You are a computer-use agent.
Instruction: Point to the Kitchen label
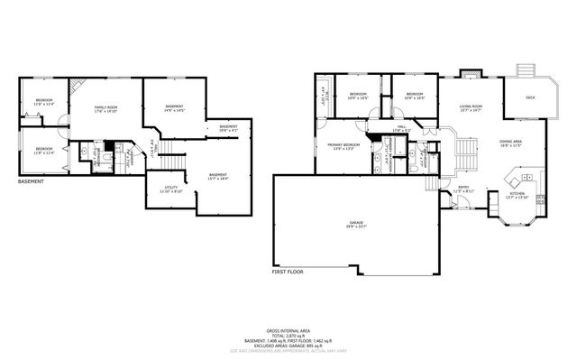(517, 195)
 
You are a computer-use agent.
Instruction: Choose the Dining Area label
(511, 143)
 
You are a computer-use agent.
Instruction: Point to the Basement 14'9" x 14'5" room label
(174, 108)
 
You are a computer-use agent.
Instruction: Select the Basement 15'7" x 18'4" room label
(217, 176)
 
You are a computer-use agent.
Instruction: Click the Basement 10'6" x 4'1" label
(228, 128)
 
